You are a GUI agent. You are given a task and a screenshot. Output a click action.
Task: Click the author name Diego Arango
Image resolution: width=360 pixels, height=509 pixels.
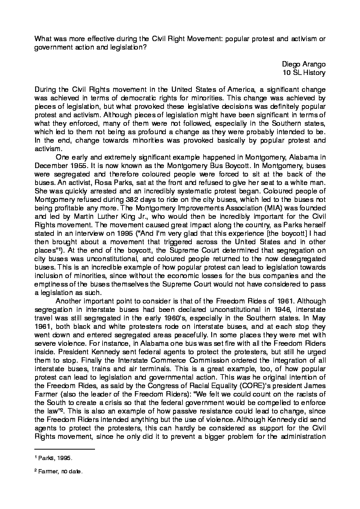coord(304,63)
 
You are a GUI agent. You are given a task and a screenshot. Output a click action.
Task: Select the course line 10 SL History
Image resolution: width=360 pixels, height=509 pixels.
coord(304,73)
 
